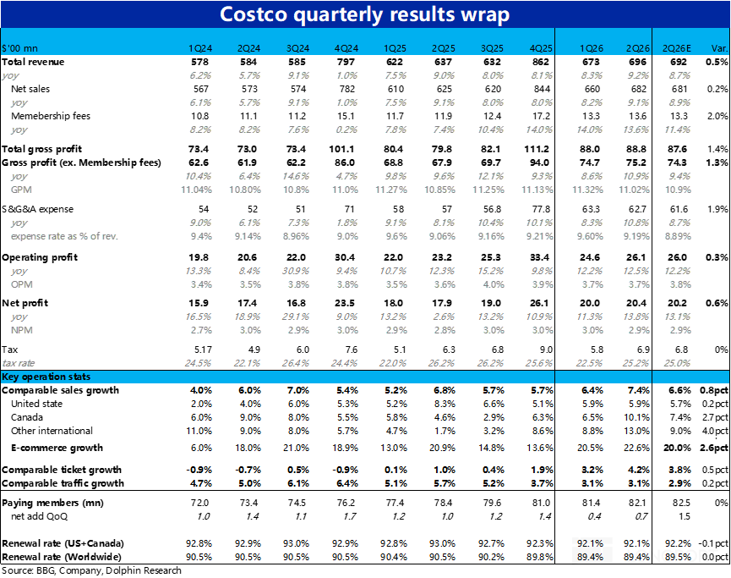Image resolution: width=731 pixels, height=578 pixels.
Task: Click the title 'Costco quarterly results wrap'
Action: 364,14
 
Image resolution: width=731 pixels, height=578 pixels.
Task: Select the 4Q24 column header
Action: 346,48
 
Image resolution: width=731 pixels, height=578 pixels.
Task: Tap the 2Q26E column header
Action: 677,48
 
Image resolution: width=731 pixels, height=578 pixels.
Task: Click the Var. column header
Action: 719,48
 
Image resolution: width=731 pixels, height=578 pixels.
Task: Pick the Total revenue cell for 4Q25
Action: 541,62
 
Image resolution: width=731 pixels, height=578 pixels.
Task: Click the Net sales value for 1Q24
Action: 201,89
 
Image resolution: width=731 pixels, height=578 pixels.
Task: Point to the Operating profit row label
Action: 40,257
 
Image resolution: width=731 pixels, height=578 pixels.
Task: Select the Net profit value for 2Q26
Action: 638,303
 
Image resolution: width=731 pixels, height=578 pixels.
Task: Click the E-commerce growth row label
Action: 57,448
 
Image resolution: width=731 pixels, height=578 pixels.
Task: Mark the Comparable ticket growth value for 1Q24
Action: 199,470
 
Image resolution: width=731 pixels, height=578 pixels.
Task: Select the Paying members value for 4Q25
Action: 541,503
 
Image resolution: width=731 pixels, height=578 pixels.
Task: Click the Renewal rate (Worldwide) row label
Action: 62,557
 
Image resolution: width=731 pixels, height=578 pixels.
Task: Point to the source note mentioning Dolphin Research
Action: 91,570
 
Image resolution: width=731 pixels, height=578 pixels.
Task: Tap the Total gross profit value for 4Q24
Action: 341,149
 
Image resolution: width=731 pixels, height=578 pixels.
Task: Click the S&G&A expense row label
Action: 37,209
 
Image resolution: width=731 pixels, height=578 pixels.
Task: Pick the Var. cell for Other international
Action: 715,431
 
